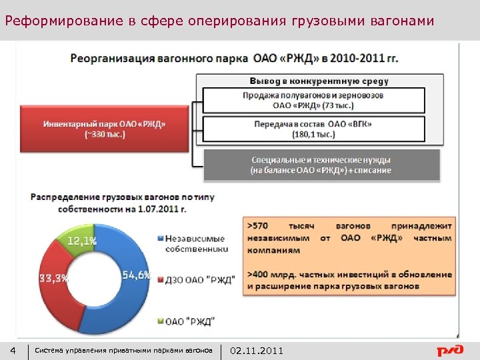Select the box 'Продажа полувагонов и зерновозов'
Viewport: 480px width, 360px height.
313,99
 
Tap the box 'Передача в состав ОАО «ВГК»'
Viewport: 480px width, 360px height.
313,129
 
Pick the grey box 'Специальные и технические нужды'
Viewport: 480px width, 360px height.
321,165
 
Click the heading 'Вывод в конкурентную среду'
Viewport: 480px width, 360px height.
319,81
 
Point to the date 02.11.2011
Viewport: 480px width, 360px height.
257,351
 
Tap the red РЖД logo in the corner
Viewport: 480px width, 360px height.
449,350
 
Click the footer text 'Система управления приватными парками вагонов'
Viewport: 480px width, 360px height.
123,351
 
